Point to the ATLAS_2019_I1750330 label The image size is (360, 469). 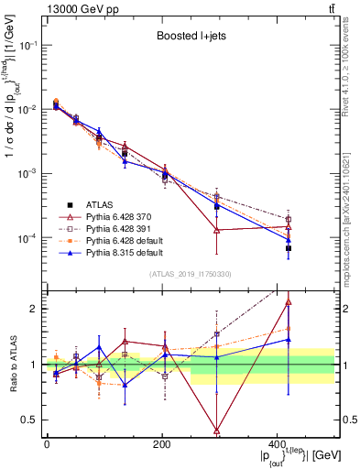[189, 274]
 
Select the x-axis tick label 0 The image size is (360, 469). [47, 444]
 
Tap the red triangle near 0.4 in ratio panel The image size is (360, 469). [216, 430]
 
